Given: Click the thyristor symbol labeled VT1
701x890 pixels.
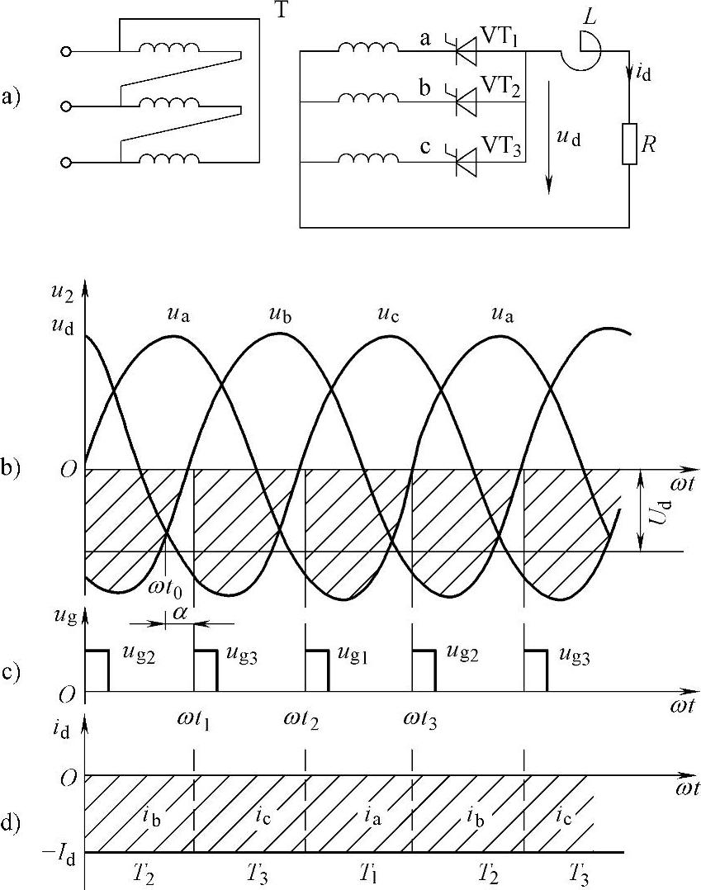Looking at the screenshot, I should point(467,52).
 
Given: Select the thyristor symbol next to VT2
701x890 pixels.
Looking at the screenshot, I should point(467,102).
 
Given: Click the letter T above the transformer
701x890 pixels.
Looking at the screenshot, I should point(282,13).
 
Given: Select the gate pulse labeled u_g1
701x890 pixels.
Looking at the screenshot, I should point(316,661).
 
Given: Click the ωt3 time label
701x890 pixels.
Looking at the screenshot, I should point(422,719).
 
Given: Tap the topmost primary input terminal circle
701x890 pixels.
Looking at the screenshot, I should point(66,52).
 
